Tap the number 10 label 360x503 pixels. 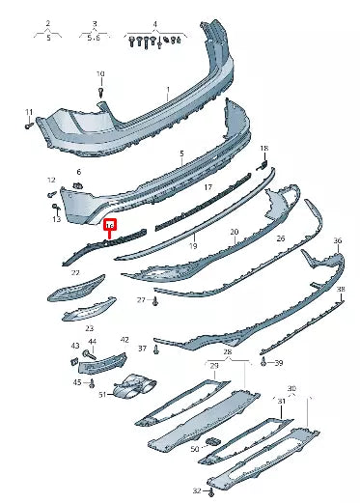coord(100,74)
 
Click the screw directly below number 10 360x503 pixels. coord(100,92)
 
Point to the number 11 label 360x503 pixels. coord(28,111)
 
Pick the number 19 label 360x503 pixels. coord(193,247)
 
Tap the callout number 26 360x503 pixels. coord(281,238)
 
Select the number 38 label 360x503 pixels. coord(341,291)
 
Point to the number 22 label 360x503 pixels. coord(75,273)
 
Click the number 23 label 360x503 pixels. coord(90,329)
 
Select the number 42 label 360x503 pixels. coord(124,340)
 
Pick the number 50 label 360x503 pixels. coord(195,450)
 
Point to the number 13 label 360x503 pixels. coord(57,220)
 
